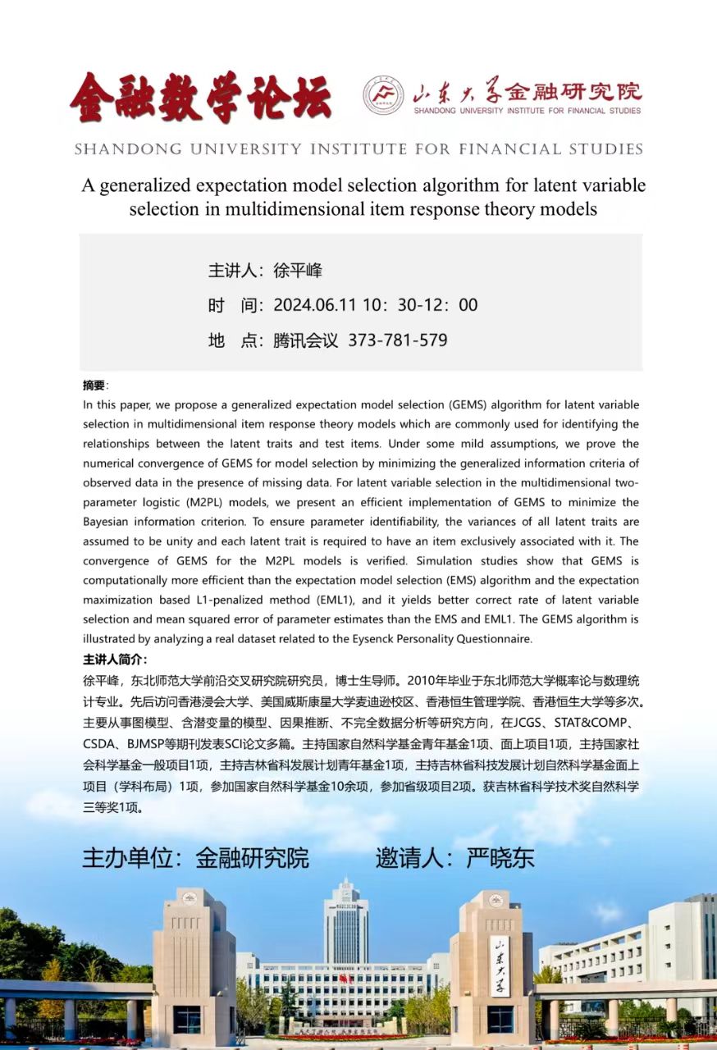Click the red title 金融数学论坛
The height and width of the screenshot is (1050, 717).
[x=199, y=97]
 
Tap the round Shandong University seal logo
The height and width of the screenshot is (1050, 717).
[x=383, y=95]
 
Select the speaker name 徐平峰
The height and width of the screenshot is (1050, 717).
[x=298, y=272]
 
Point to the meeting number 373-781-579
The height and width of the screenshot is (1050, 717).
[x=398, y=340]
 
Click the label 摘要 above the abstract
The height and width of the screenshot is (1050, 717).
[x=94, y=386]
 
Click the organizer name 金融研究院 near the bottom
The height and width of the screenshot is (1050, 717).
[x=252, y=858]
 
